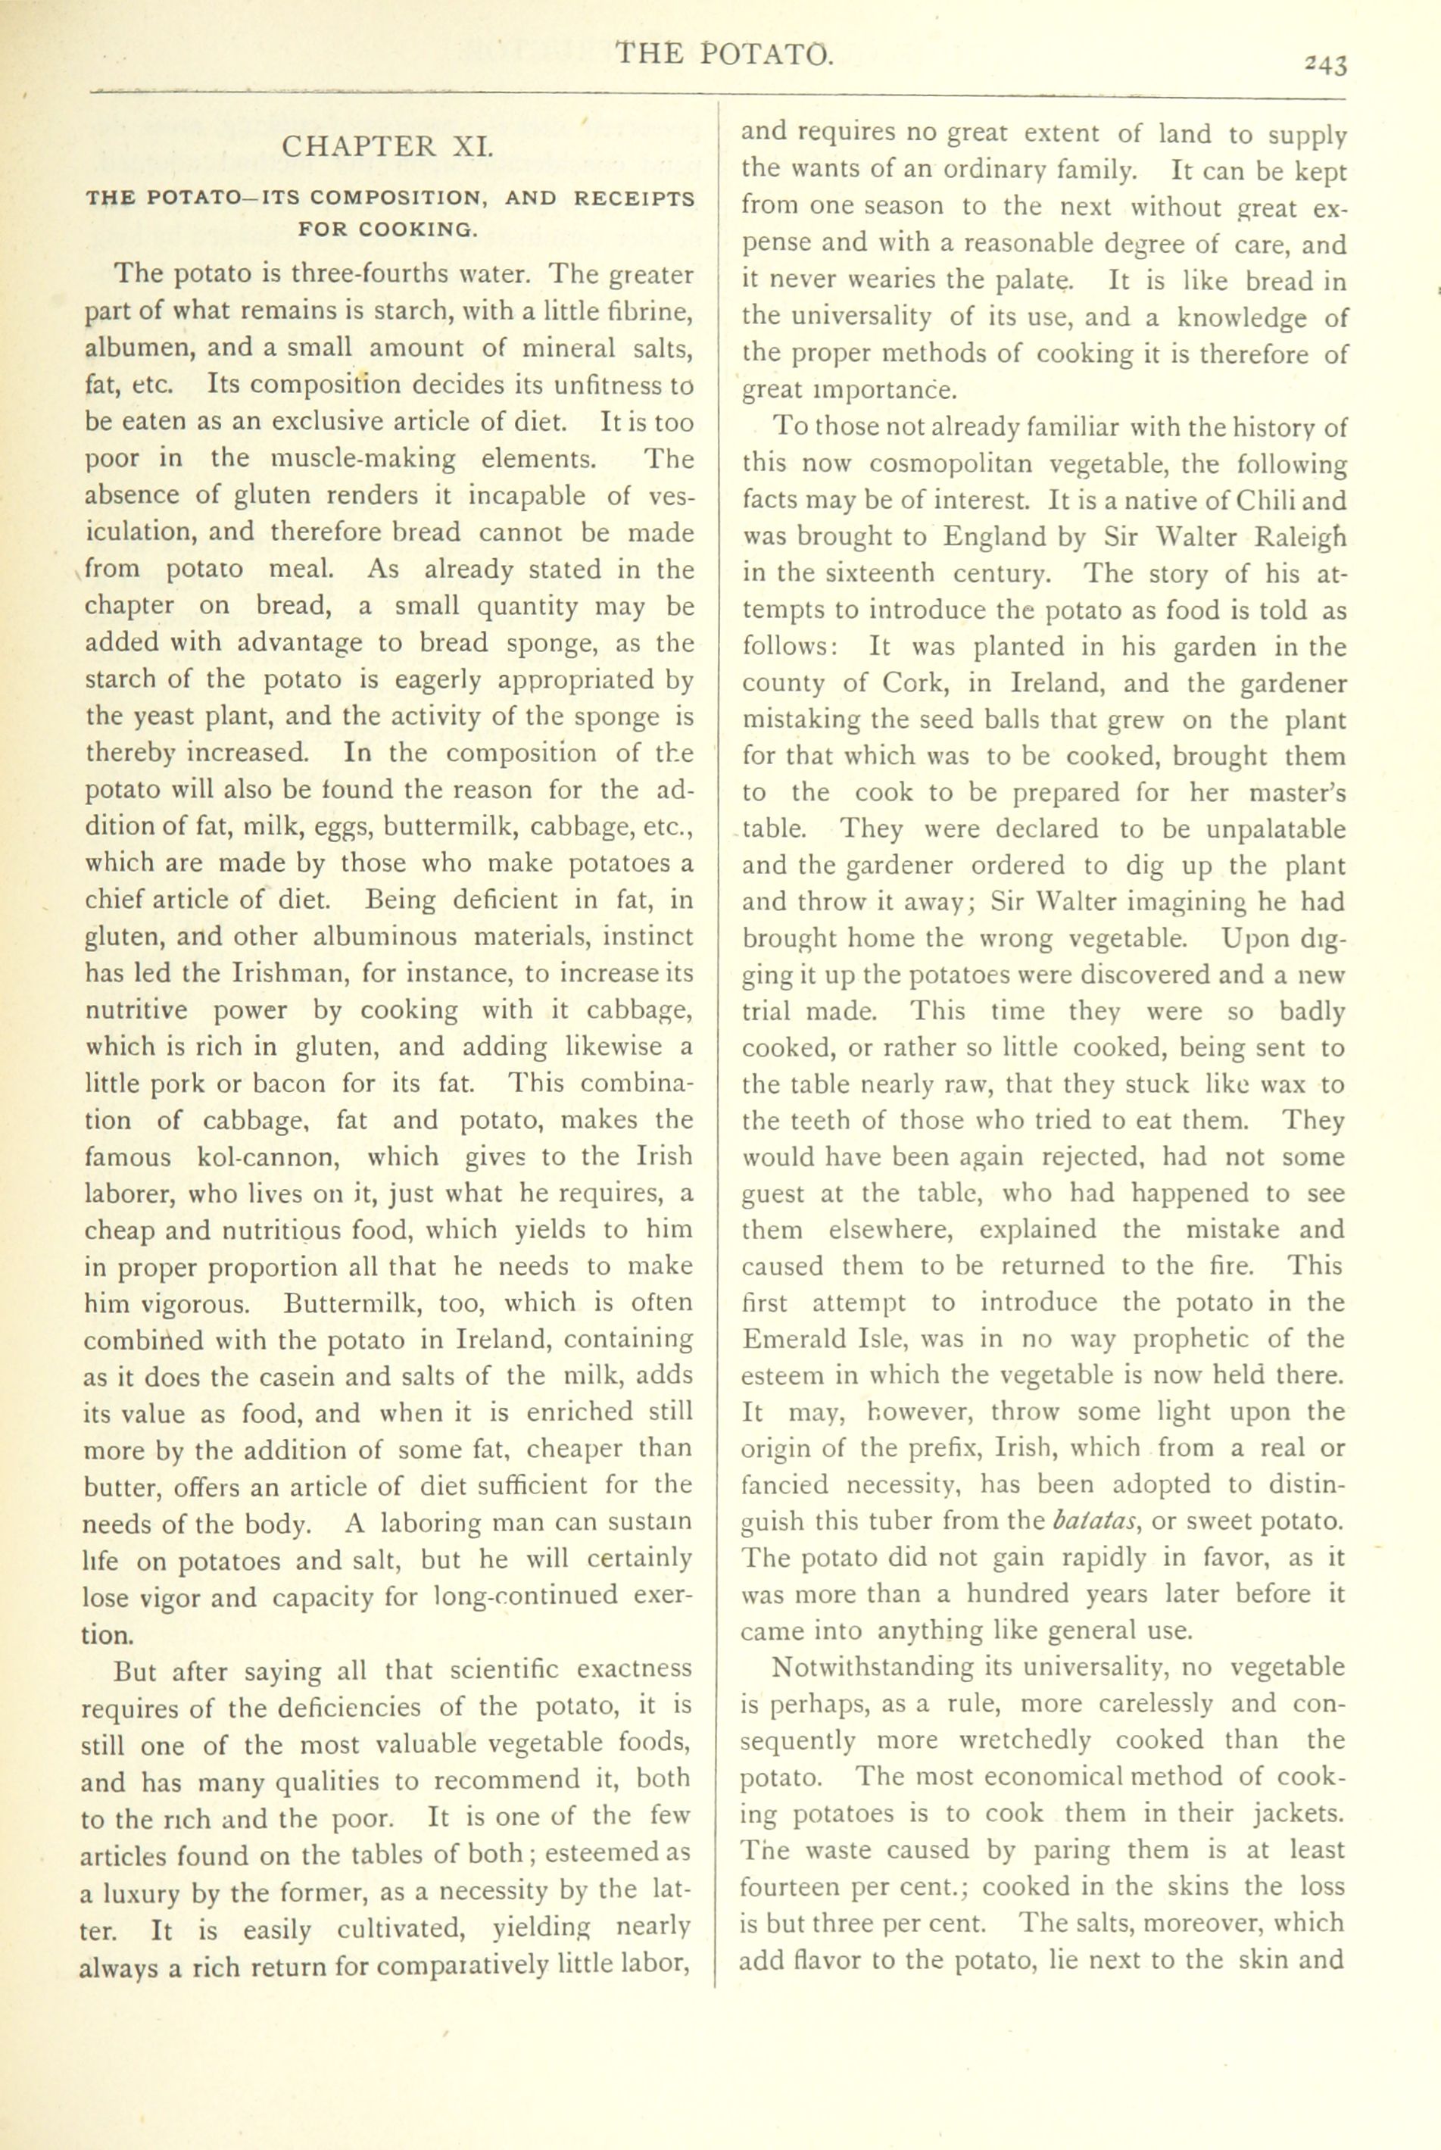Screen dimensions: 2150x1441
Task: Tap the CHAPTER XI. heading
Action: point(387,147)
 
